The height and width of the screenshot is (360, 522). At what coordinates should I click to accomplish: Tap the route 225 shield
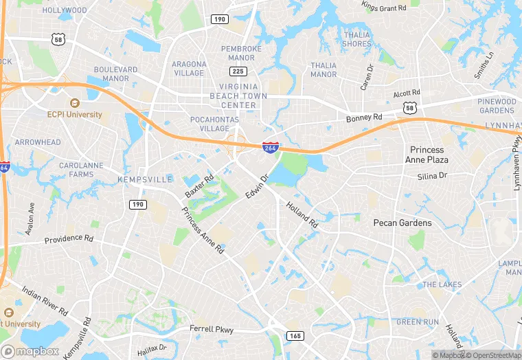[238, 71]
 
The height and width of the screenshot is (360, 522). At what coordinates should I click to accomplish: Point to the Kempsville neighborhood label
[145, 179]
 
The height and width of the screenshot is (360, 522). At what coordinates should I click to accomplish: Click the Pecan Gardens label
[402, 223]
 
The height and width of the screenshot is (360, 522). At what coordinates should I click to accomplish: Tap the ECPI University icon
[74, 102]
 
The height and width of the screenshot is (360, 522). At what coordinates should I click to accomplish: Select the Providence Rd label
[69, 239]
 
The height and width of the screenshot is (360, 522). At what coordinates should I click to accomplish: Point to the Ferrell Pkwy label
[212, 330]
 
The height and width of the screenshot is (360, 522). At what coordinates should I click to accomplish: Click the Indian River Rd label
[45, 302]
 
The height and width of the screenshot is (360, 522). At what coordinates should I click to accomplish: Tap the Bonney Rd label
[364, 118]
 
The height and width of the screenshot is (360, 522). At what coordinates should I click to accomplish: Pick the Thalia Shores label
[356, 39]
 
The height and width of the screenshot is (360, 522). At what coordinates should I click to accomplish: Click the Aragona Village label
[188, 68]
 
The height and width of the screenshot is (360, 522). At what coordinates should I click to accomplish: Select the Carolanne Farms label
[76, 170]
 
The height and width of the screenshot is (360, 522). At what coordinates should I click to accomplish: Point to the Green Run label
[418, 322]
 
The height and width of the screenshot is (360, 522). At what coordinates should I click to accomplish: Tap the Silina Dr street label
[432, 177]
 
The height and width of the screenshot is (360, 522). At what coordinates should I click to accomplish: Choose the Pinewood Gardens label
[497, 106]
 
